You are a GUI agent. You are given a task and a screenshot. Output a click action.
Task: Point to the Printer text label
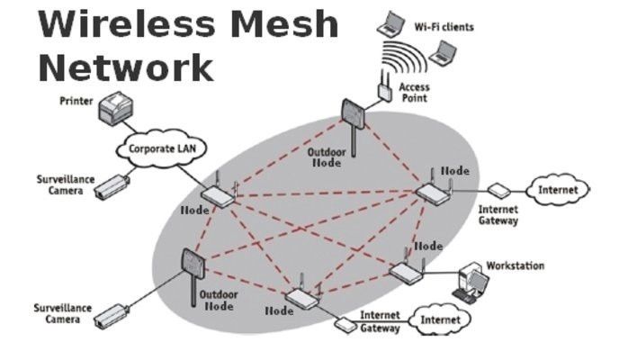[x=76, y=102]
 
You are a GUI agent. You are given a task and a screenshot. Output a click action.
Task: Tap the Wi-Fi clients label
[x=444, y=27]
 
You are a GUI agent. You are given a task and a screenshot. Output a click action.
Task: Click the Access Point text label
[x=415, y=94]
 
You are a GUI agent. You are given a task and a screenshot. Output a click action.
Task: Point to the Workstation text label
[x=515, y=266]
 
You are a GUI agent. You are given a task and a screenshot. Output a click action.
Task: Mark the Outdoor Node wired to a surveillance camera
[x=189, y=267]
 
